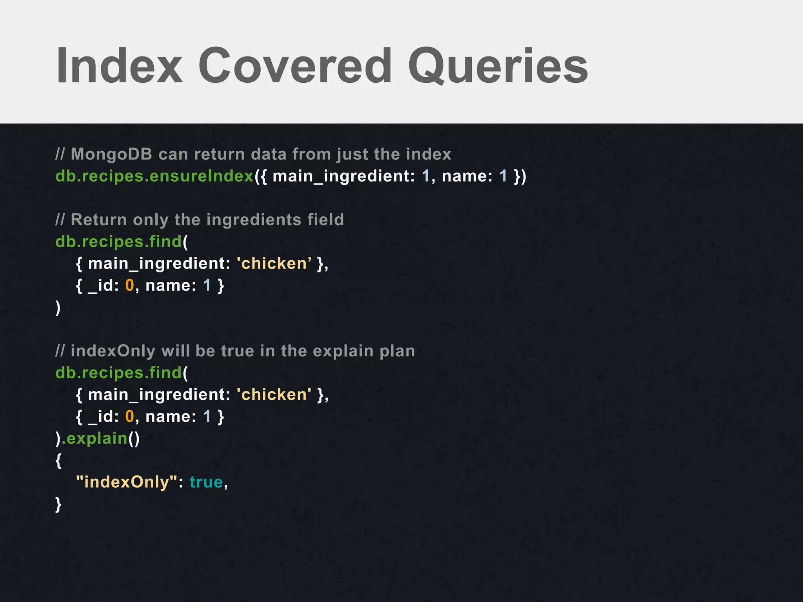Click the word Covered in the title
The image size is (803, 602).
click(x=295, y=66)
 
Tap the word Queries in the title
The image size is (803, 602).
click(x=498, y=66)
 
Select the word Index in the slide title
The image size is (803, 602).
click(x=120, y=66)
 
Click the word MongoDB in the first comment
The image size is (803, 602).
click(x=111, y=154)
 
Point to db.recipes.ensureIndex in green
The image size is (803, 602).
click(x=154, y=176)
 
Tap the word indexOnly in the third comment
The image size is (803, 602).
click(x=113, y=351)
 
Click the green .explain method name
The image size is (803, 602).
click(x=95, y=438)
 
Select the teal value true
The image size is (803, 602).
click(x=206, y=482)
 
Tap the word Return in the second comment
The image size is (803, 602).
click(x=99, y=220)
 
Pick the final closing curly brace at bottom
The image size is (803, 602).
click(x=58, y=504)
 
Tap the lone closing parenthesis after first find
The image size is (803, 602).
click(x=58, y=308)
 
